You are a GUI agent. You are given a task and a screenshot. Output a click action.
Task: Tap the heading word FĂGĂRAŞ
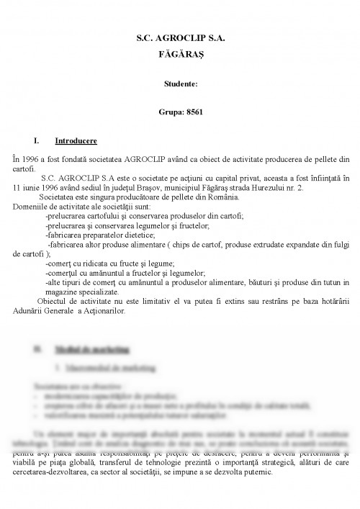click(x=180, y=53)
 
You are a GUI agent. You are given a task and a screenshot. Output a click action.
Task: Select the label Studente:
click(x=179, y=84)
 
